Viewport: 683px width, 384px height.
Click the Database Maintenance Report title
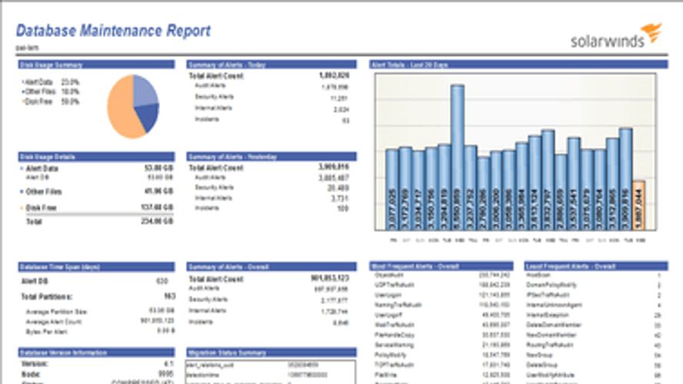point(113,31)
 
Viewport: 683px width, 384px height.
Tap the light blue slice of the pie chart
point(144,90)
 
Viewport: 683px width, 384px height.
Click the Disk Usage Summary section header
point(51,65)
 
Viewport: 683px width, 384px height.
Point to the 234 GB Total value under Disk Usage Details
point(158,220)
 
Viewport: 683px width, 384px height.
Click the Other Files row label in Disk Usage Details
point(44,191)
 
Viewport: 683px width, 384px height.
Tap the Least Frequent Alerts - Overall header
point(561,266)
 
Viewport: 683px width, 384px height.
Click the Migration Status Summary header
point(228,353)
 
